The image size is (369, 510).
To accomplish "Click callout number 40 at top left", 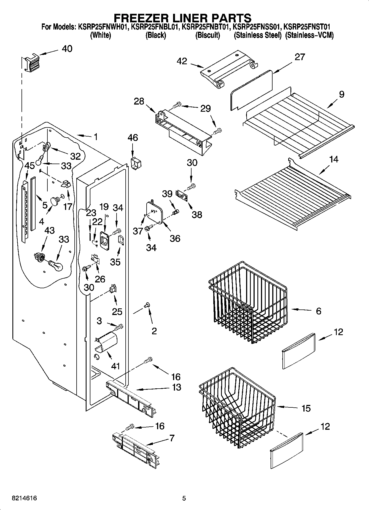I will point(67,49).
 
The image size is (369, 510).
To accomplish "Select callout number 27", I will point(300,57).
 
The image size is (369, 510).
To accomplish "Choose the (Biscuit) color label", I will point(208,35).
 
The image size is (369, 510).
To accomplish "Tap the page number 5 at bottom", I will point(184,498).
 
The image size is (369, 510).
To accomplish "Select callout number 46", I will point(133,138).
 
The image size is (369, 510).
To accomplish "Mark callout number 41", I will point(115,366).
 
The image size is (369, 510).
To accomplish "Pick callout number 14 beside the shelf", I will point(334,159).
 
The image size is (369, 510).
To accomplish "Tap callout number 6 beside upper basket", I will point(319,311).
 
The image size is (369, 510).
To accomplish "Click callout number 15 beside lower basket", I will point(306,408).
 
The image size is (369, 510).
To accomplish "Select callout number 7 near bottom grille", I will point(172,438).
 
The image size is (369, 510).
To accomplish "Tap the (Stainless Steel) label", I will point(257,35).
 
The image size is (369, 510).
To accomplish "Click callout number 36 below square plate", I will point(175,238).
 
